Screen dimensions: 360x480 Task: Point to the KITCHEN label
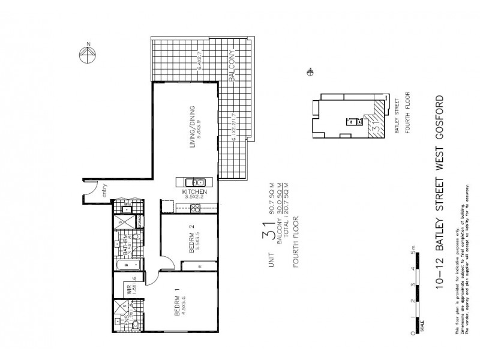(194, 192)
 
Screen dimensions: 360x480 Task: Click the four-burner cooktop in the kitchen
(194, 208)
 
